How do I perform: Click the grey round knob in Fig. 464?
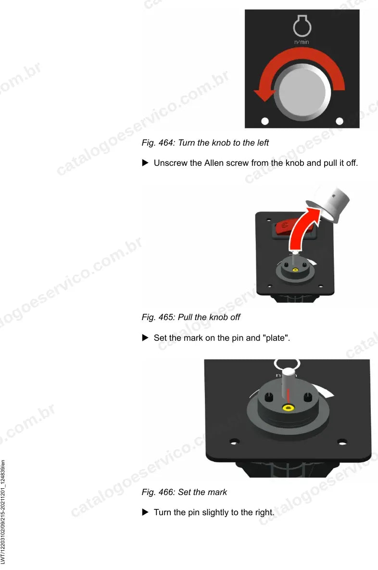point(302,92)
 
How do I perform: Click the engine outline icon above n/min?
point(302,26)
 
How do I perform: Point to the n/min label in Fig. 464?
point(302,42)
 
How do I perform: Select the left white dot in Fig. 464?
point(265,121)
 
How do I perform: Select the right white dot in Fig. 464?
point(340,121)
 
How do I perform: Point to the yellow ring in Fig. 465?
point(295,270)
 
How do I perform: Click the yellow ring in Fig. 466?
point(289,408)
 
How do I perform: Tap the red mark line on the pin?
point(289,396)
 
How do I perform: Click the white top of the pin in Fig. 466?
point(288,372)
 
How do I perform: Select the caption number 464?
point(166,143)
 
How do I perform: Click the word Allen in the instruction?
point(214,163)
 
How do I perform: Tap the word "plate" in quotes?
point(276,338)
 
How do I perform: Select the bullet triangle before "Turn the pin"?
point(145,512)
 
